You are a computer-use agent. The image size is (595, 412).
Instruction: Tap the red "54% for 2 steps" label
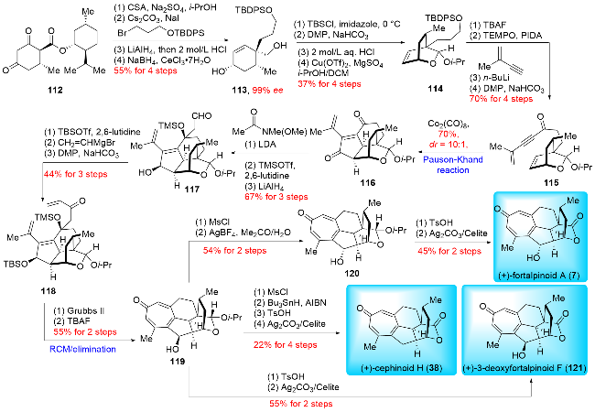pos(225,246)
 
